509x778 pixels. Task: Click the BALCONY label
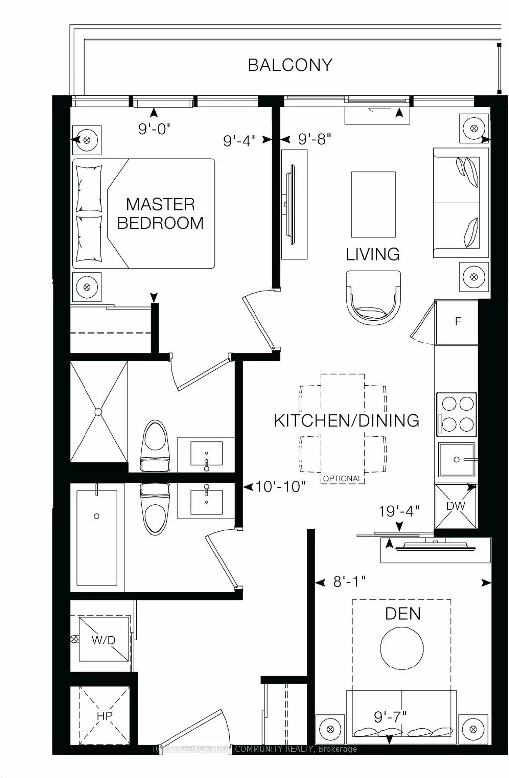point(290,65)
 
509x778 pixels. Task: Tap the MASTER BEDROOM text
point(160,214)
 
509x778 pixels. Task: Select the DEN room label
point(403,613)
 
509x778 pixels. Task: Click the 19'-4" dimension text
point(399,510)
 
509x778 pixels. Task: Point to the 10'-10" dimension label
point(280,486)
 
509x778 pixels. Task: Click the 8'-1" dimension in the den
point(349,581)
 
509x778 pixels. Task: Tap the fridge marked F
point(458,322)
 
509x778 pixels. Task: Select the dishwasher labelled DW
point(456,506)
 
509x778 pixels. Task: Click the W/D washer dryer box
point(103,640)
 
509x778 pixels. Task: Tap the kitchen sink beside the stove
point(456,459)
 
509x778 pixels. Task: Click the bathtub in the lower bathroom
point(97,538)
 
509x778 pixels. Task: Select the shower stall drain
point(98,412)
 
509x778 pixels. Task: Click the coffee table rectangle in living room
point(373,205)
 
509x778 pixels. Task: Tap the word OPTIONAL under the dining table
point(342,478)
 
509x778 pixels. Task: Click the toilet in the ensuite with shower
point(155,445)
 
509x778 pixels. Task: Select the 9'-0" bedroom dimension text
point(155,129)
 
